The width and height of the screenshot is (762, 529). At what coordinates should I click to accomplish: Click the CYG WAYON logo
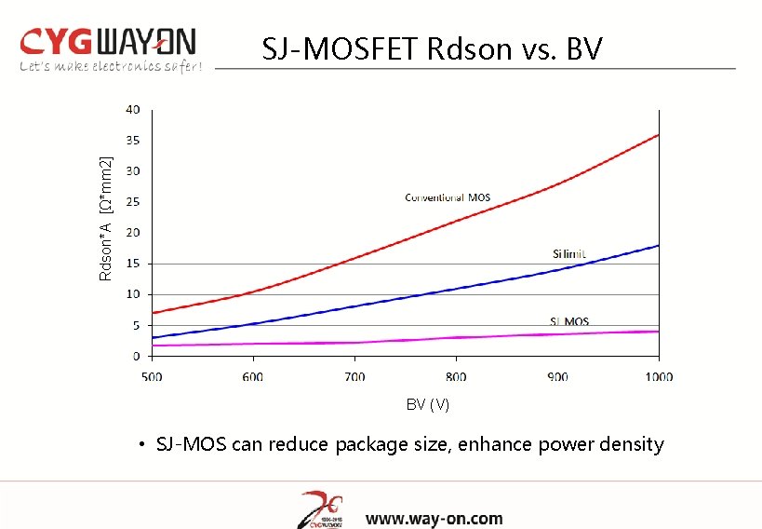(x=108, y=41)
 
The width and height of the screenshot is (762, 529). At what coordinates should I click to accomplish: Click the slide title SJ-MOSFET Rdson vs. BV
(x=432, y=48)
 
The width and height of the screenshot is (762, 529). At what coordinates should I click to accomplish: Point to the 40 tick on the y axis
(x=133, y=110)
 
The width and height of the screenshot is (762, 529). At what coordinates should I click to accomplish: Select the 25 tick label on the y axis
(x=133, y=202)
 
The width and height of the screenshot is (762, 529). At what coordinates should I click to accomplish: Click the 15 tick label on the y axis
(x=133, y=264)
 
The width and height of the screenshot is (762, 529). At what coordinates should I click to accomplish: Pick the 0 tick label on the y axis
(x=136, y=357)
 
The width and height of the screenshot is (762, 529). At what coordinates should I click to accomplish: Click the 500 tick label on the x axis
(x=152, y=376)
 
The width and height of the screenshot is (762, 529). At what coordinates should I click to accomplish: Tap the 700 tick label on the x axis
(x=354, y=376)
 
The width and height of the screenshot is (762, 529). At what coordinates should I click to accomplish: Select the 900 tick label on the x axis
(x=557, y=376)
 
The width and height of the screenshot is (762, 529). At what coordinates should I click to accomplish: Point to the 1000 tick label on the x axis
(x=658, y=376)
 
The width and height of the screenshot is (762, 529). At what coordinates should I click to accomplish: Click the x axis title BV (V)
(x=427, y=404)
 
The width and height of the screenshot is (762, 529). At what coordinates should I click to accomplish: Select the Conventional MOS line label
(x=448, y=197)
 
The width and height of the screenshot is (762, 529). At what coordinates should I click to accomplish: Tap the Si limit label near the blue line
(x=569, y=254)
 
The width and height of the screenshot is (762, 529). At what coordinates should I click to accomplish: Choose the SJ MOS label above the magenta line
(x=568, y=322)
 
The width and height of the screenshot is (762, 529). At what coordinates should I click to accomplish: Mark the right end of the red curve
(x=658, y=135)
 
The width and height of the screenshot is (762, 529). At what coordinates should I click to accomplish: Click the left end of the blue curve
(x=153, y=337)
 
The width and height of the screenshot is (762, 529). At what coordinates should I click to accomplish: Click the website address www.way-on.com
(x=434, y=519)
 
